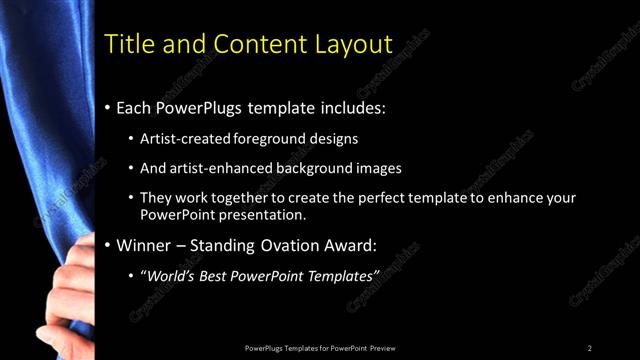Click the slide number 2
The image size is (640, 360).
[x=590, y=348]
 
